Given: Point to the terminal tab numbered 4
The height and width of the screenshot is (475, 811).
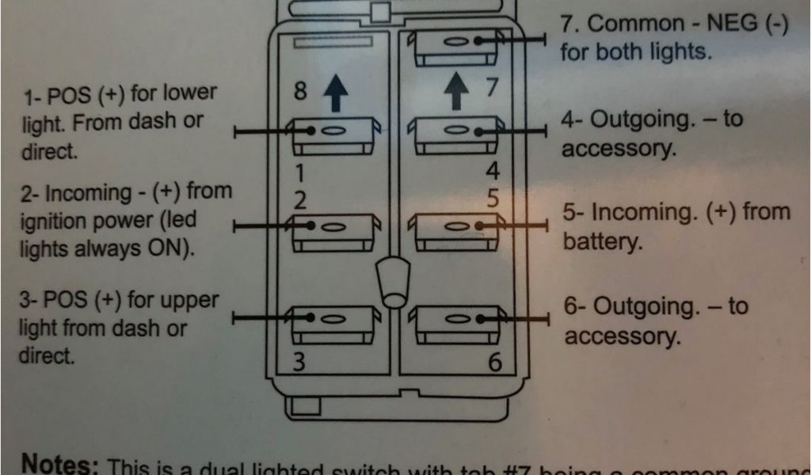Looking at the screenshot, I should pos(455,135).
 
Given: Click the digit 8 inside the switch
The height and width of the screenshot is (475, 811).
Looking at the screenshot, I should pos(300,93).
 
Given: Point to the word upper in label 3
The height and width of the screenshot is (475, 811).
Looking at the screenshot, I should pos(187,302).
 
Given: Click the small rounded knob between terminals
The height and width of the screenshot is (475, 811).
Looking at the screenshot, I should pos(393,284).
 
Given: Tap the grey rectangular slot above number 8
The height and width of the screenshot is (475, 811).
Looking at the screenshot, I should pos(332,41).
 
